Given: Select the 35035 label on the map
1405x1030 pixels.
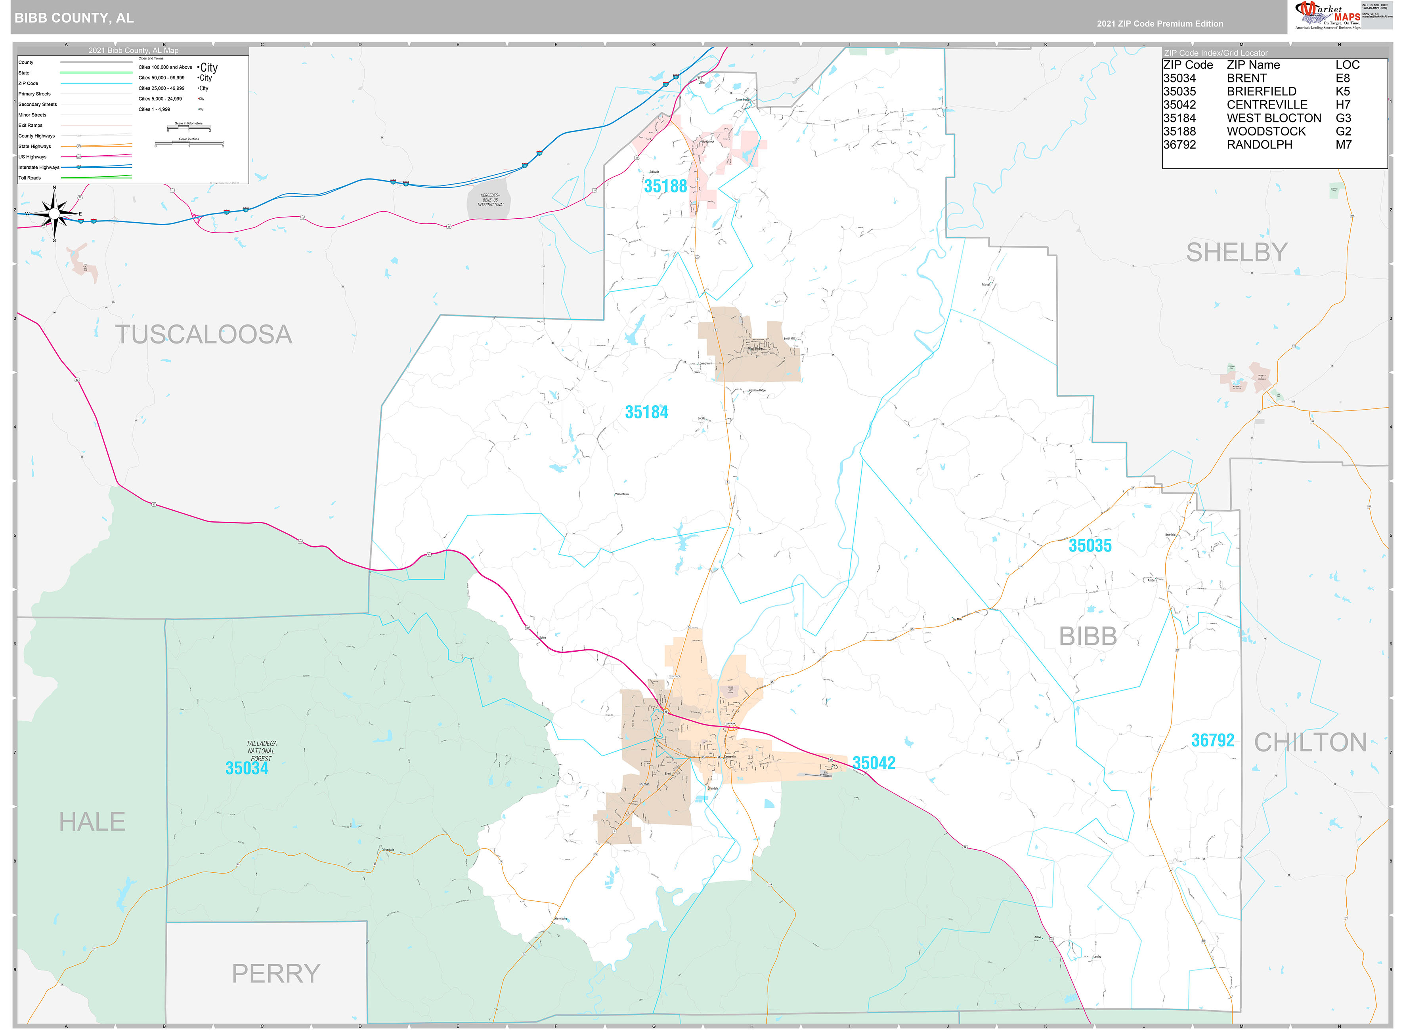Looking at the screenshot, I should click(x=1090, y=546).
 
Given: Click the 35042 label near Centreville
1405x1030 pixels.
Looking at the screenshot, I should click(x=873, y=763).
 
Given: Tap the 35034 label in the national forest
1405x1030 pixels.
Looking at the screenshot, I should click(x=247, y=768).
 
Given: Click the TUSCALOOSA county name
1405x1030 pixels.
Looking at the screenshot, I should click(x=203, y=335).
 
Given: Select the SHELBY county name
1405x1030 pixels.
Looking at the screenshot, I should click(x=1236, y=252).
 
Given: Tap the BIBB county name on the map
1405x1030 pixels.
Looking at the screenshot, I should click(x=1088, y=637).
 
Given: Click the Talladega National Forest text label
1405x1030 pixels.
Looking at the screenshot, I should click(x=261, y=751).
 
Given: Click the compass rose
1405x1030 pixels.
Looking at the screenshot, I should click(x=54, y=214).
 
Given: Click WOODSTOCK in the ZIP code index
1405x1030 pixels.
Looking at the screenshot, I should click(x=1265, y=132).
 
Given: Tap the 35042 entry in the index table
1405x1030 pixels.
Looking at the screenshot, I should click(x=1179, y=105).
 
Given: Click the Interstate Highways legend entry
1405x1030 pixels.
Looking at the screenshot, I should click(x=39, y=168).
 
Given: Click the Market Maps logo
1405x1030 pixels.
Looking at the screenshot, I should click(x=1327, y=15).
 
